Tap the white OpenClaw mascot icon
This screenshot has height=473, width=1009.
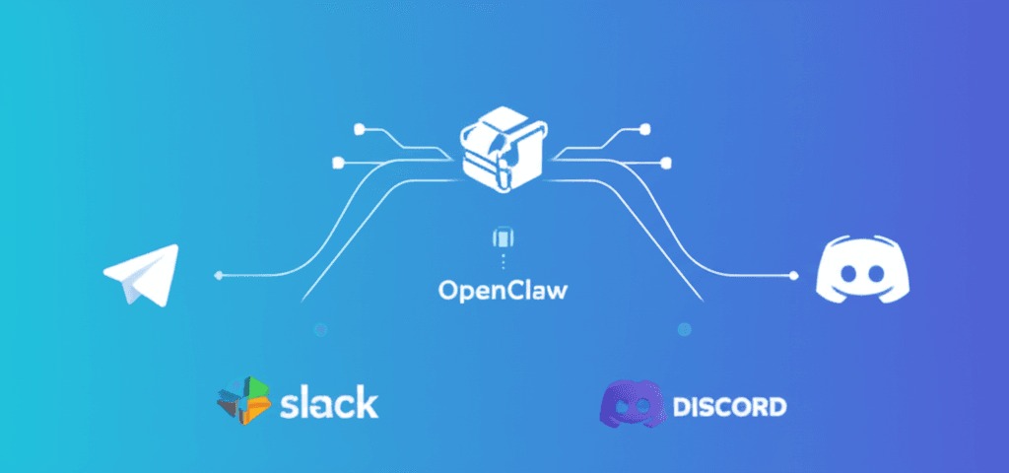click(x=505, y=148)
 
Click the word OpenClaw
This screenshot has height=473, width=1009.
click(x=505, y=292)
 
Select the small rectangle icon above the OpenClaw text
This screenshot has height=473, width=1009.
click(x=505, y=238)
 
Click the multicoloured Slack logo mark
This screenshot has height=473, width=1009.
click(x=243, y=400)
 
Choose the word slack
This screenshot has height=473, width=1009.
click(x=328, y=402)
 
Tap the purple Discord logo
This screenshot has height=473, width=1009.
click(x=630, y=404)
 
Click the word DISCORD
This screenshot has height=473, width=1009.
click(x=729, y=405)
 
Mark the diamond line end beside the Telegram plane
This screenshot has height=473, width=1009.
click(x=218, y=275)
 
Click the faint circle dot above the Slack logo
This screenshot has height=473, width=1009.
click(x=320, y=330)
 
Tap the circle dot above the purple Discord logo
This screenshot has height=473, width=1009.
click(x=685, y=330)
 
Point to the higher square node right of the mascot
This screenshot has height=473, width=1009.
click(x=645, y=128)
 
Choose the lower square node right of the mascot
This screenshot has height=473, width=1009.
click(x=667, y=162)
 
